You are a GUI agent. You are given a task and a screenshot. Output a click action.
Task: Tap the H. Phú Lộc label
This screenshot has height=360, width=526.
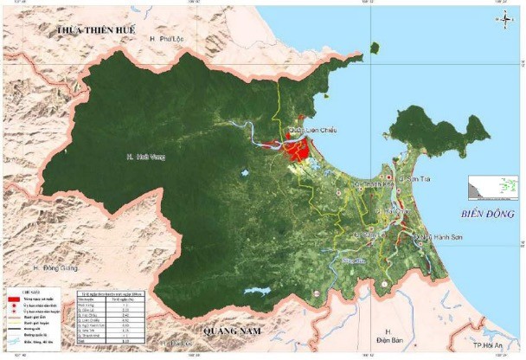point(166,40)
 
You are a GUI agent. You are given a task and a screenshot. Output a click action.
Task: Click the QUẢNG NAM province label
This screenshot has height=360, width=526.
point(227,330)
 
